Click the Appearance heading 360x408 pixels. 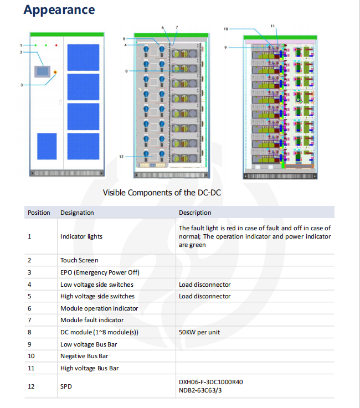(59, 10)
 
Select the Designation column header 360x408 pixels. (77, 213)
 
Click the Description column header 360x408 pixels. (195, 213)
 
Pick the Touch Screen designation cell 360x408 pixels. (79, 260)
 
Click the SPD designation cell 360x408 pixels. (66, 386)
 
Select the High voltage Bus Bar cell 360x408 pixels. (89, 368)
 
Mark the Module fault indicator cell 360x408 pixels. (92, 320)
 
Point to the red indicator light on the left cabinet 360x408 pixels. (56, 45)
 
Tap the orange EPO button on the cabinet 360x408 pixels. (55, 71)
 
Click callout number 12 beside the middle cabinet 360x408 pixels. (121, 157)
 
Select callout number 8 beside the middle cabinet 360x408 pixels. (126, 71)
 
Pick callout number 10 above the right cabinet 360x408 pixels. (226, 28)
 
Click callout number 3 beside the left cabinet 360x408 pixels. (22, 85)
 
